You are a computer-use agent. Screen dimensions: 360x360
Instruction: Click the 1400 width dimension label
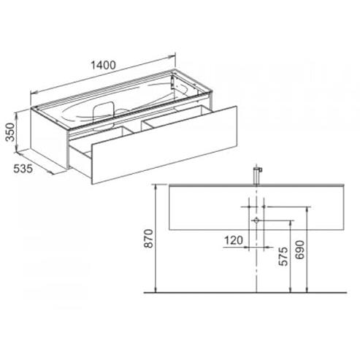tap(103, 65)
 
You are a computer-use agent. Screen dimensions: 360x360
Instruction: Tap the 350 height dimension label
tap(10, 132)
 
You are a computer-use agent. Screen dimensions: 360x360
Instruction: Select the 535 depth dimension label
tap(23, 169)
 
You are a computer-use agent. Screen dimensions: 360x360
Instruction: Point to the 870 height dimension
tap(148, 238)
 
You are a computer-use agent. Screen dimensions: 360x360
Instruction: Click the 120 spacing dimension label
tap(234, 240)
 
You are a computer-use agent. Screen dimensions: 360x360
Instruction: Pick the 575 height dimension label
tap(283, 256)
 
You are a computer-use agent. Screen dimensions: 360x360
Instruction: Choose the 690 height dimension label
tap(299, 250)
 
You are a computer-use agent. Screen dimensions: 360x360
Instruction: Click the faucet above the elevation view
tap(257, 175)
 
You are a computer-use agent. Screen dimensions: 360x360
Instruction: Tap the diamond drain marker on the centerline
tap(256, 221)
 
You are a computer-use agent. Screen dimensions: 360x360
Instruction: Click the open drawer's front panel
tap(164, 145)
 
